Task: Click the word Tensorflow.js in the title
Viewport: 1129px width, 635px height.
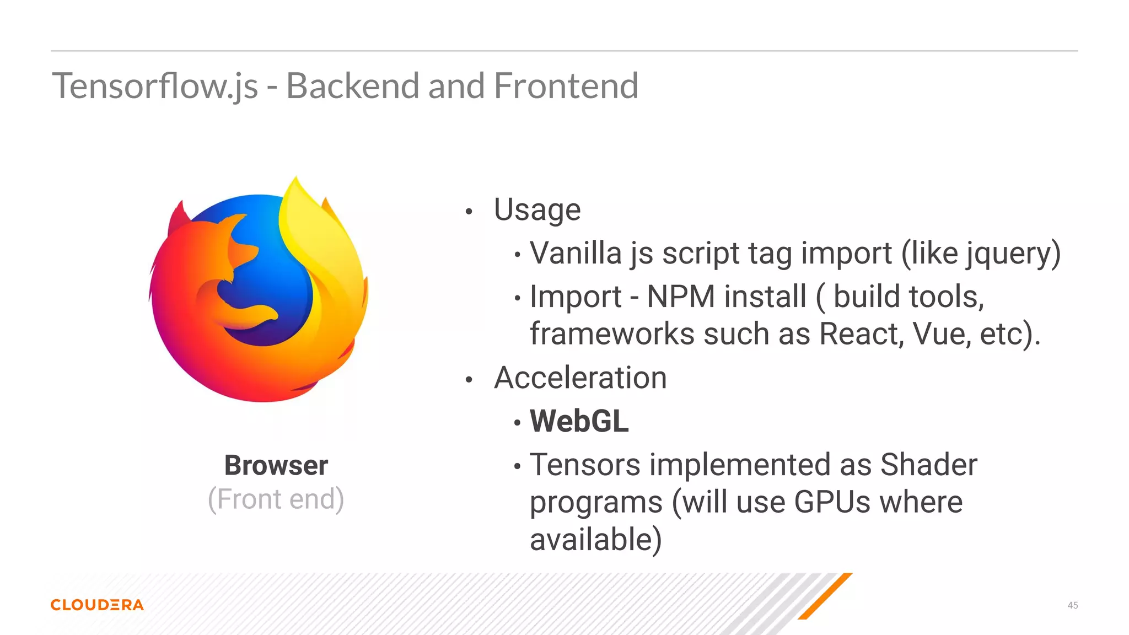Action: [x=155, y=87]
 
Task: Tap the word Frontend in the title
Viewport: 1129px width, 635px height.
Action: [x=566, y=87]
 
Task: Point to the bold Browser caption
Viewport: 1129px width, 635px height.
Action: [x=276, y=465]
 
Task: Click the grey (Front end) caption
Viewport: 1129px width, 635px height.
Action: [x=276, y=499]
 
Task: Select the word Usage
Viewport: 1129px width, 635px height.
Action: [x=537, y=210]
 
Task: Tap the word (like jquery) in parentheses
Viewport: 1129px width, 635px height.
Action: [x=981, y=254]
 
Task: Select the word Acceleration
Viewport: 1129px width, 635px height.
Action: [x=580, y=378]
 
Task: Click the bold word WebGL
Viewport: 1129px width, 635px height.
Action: [x=579, y=422]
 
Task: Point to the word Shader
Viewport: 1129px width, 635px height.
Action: [x=929, y=465]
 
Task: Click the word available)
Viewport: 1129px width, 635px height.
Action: [x=596, y=540]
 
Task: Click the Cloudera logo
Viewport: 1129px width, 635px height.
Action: [x=97, y=605]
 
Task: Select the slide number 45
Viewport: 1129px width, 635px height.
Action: [x=1072, y=605]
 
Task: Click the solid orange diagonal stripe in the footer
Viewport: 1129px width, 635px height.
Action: [x=825, y=596]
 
